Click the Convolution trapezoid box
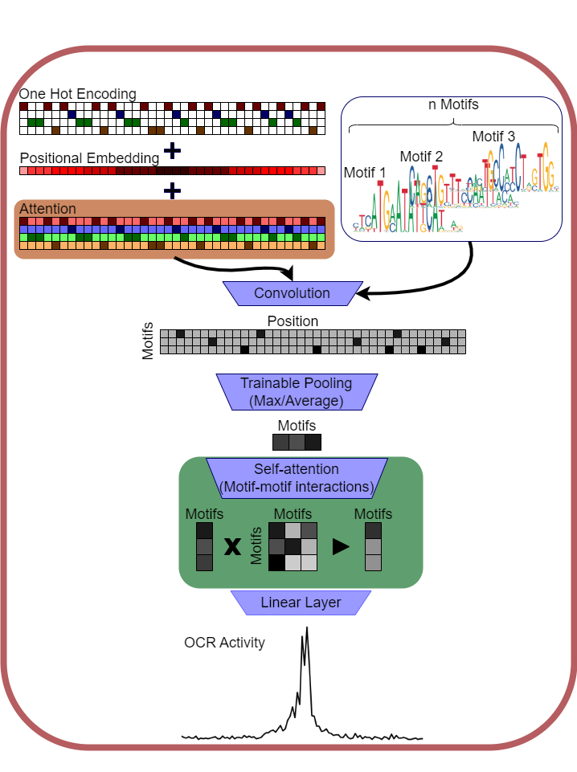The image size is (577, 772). click(292, 293)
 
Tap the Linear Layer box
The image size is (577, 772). click(301, 602)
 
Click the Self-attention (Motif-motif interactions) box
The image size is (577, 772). click(297, 477)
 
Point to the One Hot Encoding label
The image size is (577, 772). click(78, 94)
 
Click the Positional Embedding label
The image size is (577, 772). click(89, 158)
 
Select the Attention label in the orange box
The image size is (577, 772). click(47, 209)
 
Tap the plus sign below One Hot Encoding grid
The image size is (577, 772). click(172, 150)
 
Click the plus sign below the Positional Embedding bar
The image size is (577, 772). click(172, 190)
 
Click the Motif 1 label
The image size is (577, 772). click(365, 173)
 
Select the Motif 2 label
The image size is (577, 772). click(421, 156)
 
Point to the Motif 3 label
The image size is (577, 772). click(493, 137)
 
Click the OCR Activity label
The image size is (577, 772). click(224, 643)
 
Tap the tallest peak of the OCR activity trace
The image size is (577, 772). click(307, 629)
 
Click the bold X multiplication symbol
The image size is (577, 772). click(232, 547)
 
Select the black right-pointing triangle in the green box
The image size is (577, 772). click(342, 546)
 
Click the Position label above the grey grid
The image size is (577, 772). click(293, 321)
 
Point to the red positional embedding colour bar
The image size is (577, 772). click(172, 171)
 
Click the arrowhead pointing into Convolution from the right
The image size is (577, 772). click(362, 294)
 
